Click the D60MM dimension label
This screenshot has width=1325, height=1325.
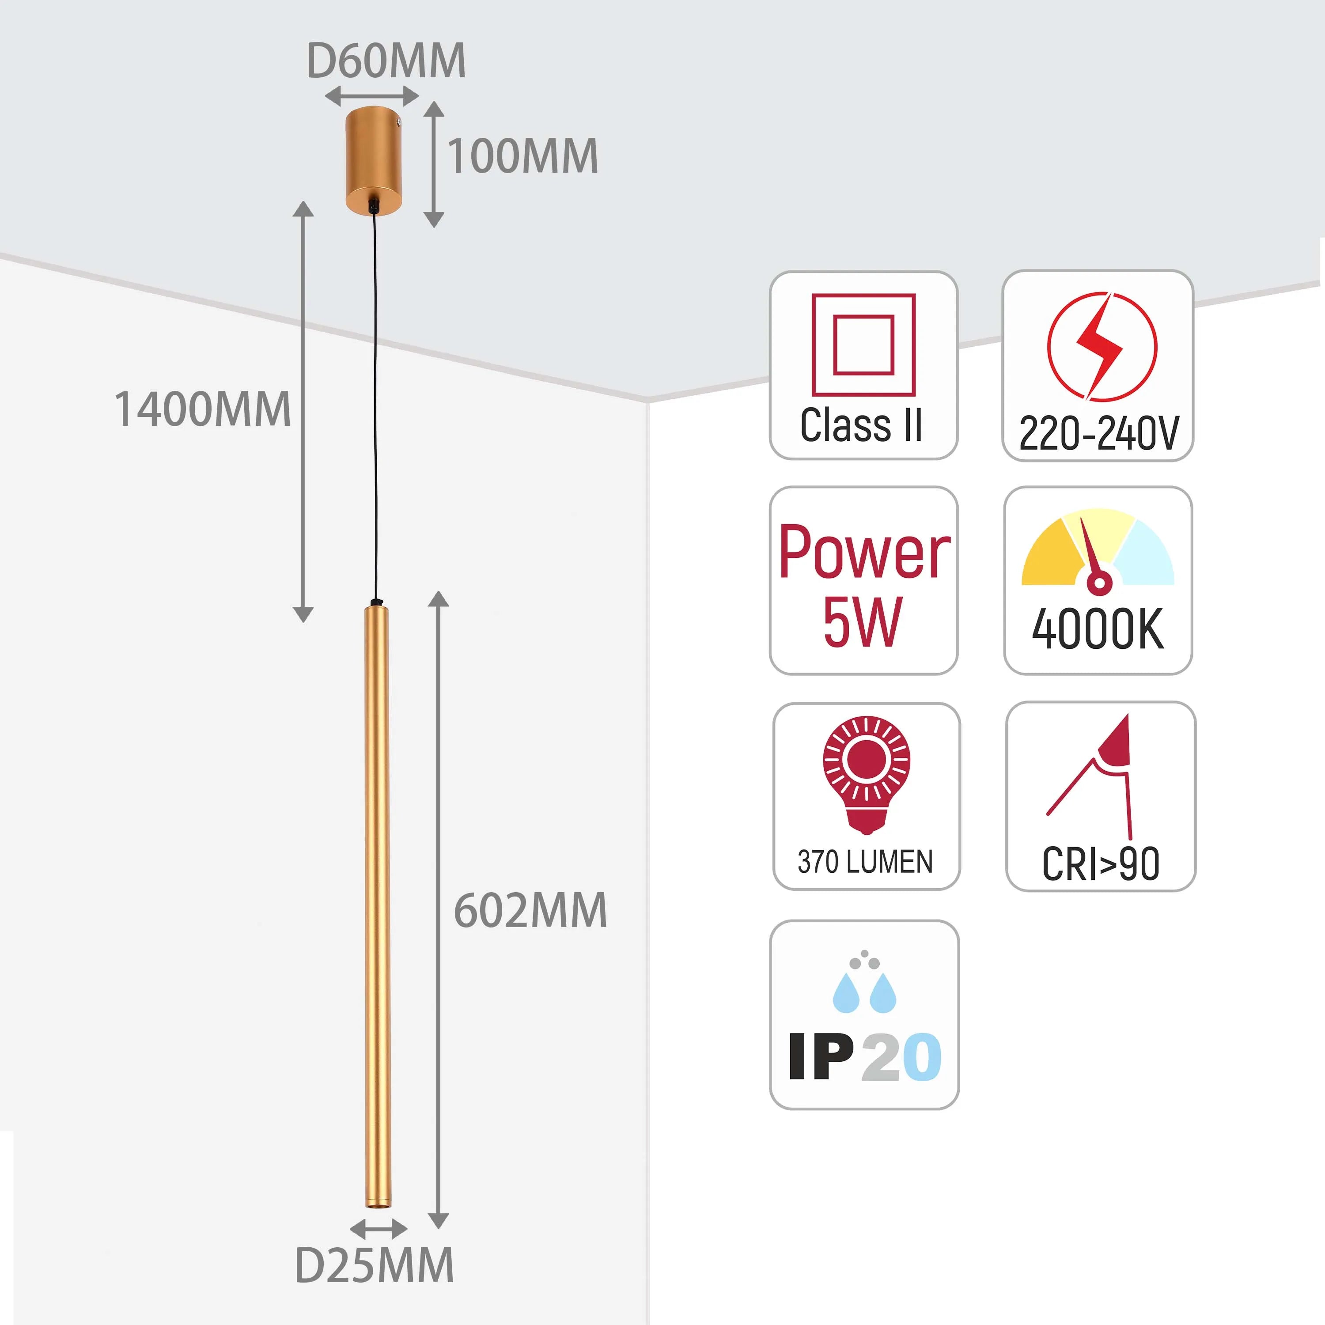point(386,61)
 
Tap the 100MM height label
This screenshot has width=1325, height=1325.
point(522,156)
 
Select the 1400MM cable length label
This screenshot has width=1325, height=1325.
point(202,409)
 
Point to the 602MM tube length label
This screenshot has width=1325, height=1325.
point(530,911)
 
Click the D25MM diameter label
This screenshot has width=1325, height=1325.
point(374,1265)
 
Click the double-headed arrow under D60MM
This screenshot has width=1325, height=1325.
point(372,96)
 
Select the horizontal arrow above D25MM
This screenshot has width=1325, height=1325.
point(378,1228)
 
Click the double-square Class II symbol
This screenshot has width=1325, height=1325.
point(863,345)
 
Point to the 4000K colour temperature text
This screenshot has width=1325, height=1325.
point(1098,629)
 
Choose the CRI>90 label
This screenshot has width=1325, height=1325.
point(1100,864)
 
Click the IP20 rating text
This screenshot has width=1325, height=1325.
point(865,1057)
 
